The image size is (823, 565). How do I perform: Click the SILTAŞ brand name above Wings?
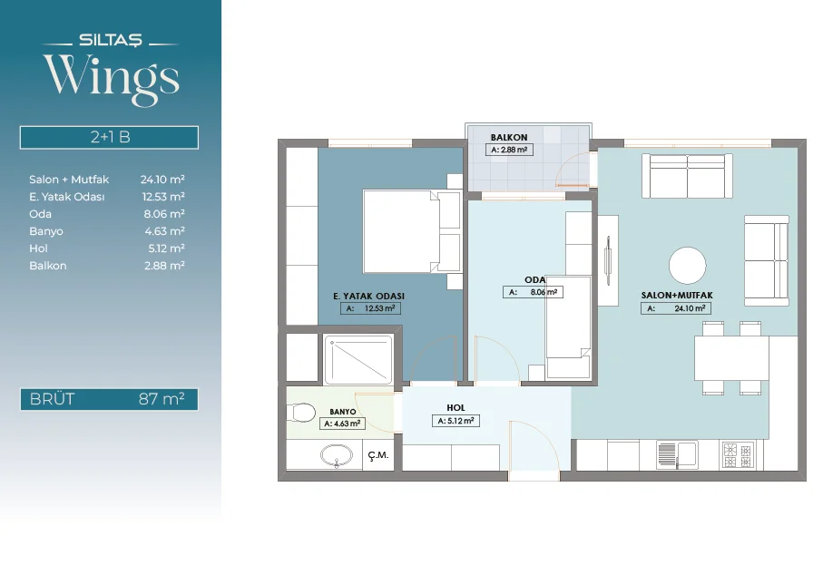point(110,40)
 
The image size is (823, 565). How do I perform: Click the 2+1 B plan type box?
point(109,138)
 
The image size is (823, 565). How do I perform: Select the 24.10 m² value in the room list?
point(162,180)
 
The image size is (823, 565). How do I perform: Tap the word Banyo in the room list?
point(46,231)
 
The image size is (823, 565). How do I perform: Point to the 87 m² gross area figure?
point(162,399)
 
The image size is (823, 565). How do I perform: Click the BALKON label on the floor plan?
point(509,138)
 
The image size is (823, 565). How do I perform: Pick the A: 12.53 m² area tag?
point(370,308)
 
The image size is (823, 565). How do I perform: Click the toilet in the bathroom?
point(300,413)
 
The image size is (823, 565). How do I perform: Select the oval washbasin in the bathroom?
point(337,455)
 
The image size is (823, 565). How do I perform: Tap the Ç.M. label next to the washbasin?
point(377,455)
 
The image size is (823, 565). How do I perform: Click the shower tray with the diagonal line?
point(358,359)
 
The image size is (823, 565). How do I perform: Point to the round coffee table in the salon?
point(688,266)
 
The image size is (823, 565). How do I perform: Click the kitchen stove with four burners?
point(739,455)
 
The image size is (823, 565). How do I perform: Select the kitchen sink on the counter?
point(677,455)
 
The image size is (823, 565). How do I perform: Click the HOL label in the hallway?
point(456,407)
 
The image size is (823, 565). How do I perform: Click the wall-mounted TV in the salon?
point(608,260)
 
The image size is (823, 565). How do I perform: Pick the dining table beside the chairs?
point(731,358)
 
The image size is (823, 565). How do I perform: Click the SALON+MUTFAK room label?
point(677,296)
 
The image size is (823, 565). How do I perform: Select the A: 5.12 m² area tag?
point(456,421)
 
